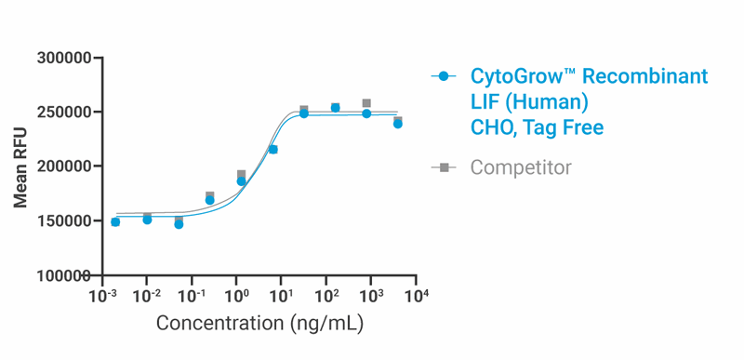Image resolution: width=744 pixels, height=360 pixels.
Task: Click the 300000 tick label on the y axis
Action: (63, 58)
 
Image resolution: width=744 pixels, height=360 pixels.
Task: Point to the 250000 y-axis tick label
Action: (63, 113)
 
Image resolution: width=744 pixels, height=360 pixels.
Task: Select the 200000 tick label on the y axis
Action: (63, 167)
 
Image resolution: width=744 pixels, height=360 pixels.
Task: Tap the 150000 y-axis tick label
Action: (63, 221)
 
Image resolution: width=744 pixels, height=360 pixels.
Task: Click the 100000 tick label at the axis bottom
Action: (63, 275)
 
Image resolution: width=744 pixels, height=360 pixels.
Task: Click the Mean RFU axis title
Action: (20, 167)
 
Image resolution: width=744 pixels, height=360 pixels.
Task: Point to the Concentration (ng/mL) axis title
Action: (259, 324)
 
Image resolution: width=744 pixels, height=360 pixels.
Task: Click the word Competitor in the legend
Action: (521, 167)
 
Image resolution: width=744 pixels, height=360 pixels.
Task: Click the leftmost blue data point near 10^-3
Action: (115, 222)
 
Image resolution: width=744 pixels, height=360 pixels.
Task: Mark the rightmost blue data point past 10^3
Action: (398, 124)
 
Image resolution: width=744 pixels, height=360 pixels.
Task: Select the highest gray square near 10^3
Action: (366, 103)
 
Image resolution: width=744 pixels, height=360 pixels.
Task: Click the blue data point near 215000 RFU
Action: (272, 150)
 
